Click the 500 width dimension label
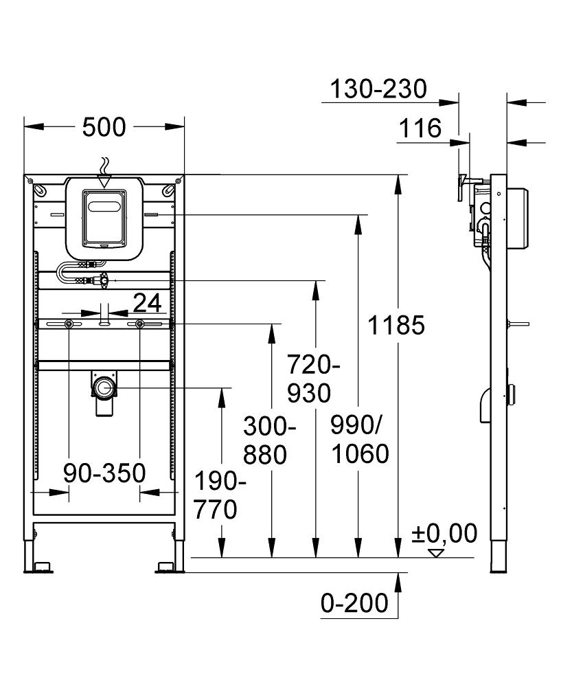point(104,128)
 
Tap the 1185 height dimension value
point(396,325)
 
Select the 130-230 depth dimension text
point(378,89)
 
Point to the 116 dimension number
point(420,128)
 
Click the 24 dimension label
point(147,302)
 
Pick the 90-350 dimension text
point(104,473)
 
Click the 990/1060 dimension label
point(360,440)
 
